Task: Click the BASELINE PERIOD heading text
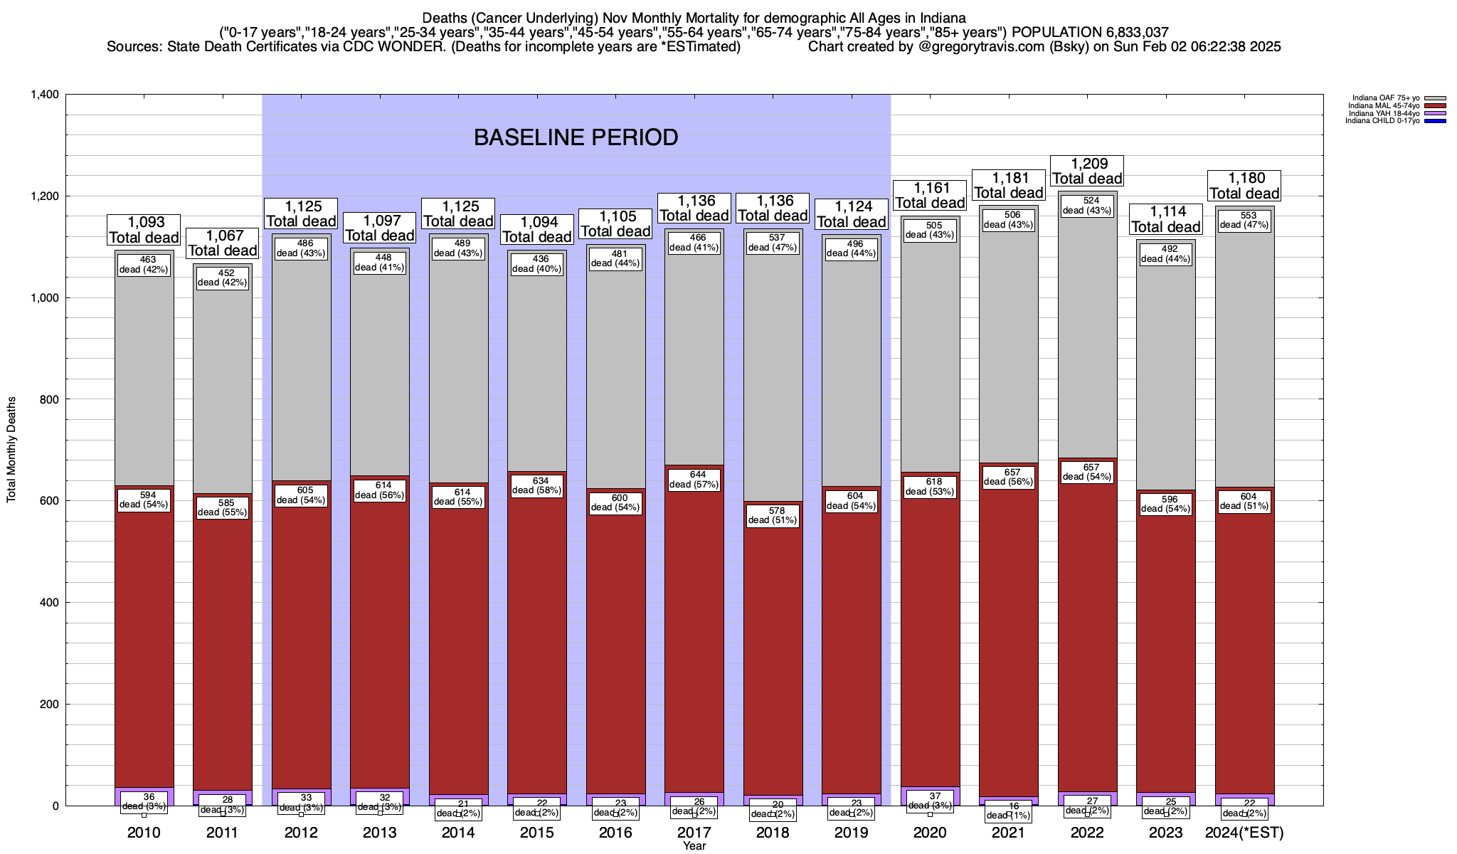576,137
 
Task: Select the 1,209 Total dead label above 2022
1087,172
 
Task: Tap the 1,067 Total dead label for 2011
222,243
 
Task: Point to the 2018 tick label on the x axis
773,833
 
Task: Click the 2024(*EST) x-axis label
1244,833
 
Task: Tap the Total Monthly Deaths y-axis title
11,450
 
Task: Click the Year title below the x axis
694,846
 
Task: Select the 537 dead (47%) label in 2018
773,242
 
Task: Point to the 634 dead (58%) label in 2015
537,485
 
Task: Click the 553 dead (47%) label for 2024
1244,220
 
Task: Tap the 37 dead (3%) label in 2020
930,801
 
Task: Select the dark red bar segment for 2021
1009,640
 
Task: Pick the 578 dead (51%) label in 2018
773,515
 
